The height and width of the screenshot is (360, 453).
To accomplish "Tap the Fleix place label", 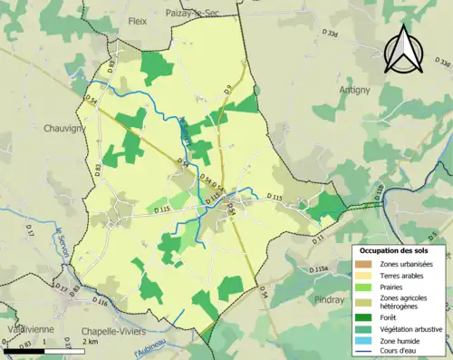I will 137,20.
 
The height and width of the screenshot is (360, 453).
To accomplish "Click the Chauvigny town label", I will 65,129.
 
